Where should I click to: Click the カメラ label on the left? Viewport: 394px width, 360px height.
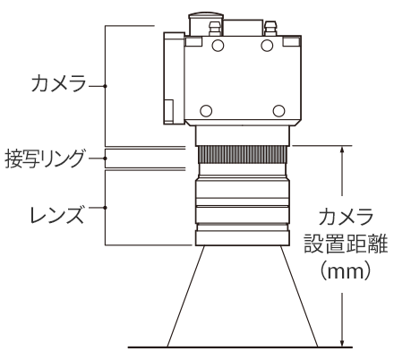pos(58,82)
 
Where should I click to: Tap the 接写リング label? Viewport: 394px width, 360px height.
pos(44,159)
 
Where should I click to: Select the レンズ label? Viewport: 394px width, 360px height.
pos(56,214)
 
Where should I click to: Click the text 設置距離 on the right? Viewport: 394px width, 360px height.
pos(346,244)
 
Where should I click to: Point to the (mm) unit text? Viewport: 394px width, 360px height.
pos(346,270)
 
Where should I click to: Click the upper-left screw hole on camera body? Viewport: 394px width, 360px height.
pos(218,46)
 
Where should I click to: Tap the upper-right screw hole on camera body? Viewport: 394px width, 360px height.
pos(267,46)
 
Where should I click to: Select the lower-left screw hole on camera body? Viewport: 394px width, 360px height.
pos(206,111)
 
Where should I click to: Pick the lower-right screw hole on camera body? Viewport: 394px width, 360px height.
pos(278,111)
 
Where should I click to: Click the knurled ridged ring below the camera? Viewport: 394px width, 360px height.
pos(242,154)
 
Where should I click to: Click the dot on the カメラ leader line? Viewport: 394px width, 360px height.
pos(105,86)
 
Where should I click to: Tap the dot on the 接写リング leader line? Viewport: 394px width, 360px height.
pos(105,159)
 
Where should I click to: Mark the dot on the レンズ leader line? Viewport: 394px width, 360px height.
pos(105,208)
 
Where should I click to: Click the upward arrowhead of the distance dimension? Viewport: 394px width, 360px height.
pos(343,150)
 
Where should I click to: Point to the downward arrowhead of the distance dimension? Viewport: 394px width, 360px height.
pos(343,343)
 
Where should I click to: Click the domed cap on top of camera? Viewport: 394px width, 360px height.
pos(206,15)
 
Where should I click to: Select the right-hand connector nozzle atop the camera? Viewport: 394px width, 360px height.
pos(270,29)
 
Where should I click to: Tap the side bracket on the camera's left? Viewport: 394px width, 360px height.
pos(174,78)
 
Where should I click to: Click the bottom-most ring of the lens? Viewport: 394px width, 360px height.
pos(242,238)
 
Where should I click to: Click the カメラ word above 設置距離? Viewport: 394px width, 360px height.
pos(346,217)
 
